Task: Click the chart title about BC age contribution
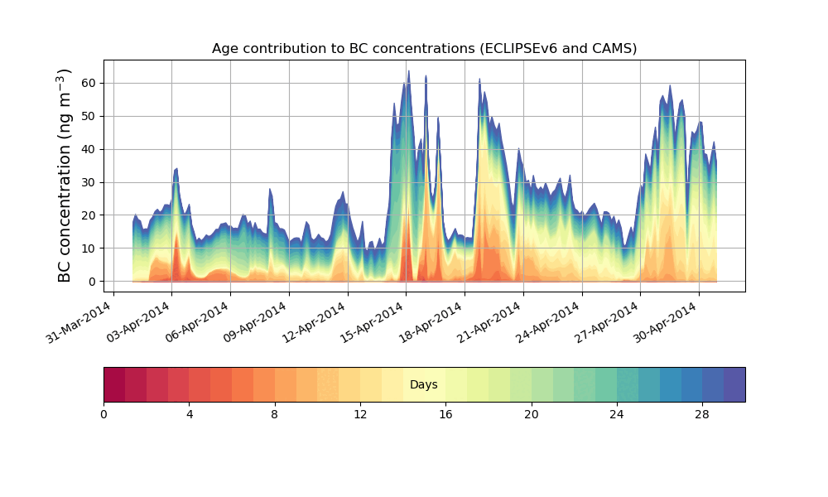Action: coord(424,48)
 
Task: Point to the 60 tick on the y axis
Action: coord(88,83)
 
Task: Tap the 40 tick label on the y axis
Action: coord(88,149)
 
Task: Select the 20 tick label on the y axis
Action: coord(88,215)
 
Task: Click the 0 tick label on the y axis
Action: coord(91,282)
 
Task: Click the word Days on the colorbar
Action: coord(424,385)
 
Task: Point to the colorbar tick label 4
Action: coord(190,414)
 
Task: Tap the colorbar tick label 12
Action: coord(360,414)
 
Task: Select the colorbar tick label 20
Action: coord(532,414)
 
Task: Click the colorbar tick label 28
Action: coord(702,414)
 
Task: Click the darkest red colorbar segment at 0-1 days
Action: coord(114,384)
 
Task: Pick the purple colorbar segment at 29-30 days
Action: coord(734,384)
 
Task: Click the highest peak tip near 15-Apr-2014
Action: coord(408,71)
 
